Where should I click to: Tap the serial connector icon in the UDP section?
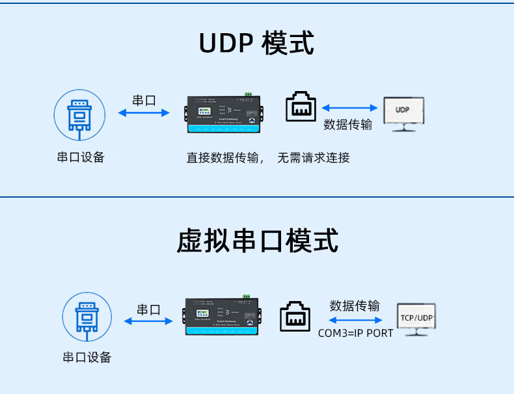[78, 115]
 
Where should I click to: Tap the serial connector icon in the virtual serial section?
[87, 317]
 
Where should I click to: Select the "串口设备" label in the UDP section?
[81, 157]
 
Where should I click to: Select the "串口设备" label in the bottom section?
[87, 357]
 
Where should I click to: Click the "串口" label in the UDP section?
[144, 100]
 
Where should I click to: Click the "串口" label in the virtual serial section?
[148, 309]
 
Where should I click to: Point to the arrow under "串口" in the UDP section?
[144, 113]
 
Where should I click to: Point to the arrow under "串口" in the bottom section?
[148, 321]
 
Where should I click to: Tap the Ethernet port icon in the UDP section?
[301, 107]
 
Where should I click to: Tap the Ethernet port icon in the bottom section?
[295, 315]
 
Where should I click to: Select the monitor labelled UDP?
[403, 112]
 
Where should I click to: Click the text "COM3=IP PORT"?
[355, 333]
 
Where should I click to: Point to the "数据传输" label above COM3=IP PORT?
[355, 306]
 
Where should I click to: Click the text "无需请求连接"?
[314, 157]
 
